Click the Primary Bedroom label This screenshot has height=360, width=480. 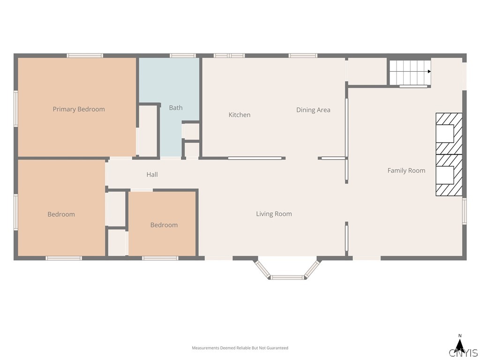coord(79,109)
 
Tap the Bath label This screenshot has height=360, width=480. coord(176,108)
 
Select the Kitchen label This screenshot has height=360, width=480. coord(240,115)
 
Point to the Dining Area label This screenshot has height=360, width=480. coord(313,110)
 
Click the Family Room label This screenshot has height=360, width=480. coord(406,171)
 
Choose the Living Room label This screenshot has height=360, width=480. coord(274,214)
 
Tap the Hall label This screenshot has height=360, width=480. coord(152,174)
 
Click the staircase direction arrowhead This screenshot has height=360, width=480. coord(429,72)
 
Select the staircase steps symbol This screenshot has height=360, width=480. coord(410,73)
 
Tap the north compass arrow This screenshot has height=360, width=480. coord(459,344)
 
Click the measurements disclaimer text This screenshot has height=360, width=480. coord(240,348)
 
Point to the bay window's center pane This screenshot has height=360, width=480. coord(287,277)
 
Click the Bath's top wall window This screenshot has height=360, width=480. coord(183,56)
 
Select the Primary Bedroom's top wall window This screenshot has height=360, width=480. coord(85,56)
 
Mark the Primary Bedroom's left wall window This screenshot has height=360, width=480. coord(15,108)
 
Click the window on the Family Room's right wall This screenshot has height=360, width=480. coord(465,211)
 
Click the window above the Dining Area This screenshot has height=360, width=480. coord(303,56)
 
